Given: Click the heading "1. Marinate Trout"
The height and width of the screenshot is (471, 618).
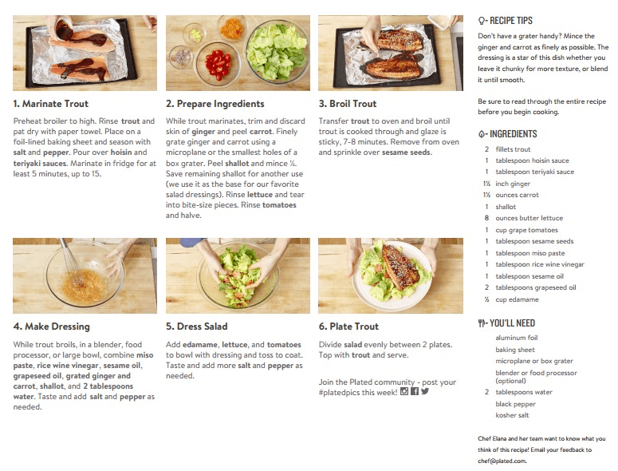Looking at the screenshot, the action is (51, 104).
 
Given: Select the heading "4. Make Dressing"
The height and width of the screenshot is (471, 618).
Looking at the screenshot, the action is (52, 327).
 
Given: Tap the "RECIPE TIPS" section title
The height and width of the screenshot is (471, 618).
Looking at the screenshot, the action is (511, 21).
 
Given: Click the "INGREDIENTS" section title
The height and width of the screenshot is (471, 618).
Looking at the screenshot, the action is (514, 134).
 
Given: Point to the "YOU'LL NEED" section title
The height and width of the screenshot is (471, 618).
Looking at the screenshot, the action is (513, 323).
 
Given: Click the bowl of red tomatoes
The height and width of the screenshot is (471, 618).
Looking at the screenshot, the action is (217, 64).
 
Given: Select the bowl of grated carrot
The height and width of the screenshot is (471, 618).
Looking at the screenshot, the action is (232, 28).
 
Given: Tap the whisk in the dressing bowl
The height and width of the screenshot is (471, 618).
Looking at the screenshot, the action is (70, 261).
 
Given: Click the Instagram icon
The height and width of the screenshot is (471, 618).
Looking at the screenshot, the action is (404, 391).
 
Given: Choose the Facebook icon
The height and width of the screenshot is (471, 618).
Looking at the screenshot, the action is (415, 391).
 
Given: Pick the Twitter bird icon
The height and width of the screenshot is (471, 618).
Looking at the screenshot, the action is (425, 391).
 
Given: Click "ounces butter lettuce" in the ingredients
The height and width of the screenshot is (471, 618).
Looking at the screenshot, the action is (529, 218).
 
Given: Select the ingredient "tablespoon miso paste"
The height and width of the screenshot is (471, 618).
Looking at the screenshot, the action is (530, 253).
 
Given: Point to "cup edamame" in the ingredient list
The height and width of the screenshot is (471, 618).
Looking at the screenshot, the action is (517, 300).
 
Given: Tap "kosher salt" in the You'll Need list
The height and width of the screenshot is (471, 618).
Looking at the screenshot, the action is (513, 415).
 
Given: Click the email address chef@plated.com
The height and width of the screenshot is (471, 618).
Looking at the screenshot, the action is (502, 461).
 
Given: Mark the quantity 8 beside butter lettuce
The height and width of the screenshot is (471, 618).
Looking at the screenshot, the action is (486, 218).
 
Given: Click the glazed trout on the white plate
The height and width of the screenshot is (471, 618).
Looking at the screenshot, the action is (400, 267).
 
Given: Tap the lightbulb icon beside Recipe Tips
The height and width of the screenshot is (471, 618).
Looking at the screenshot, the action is (482, 21).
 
